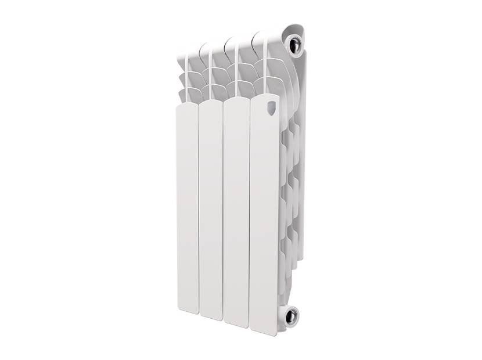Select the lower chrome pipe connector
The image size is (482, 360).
(x=290, y=316)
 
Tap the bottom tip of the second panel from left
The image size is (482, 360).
(x=211, y=318)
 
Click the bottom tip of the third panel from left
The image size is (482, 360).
(x=236, y=325)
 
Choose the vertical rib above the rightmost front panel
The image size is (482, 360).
(x=266, y=64)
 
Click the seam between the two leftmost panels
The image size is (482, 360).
(x=199, y=209)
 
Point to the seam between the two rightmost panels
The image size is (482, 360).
(x=250, y=215)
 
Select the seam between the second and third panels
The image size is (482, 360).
(x=223, y=212)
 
